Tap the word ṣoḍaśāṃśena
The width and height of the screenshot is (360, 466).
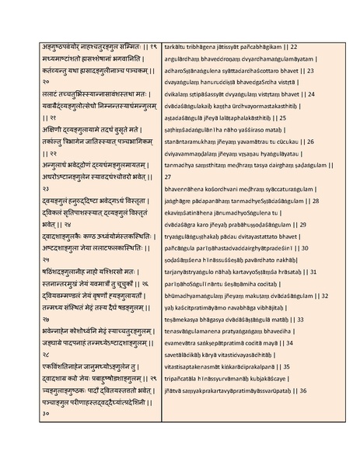coord(185,259)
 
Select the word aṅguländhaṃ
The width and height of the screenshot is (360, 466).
coord(184,59)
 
